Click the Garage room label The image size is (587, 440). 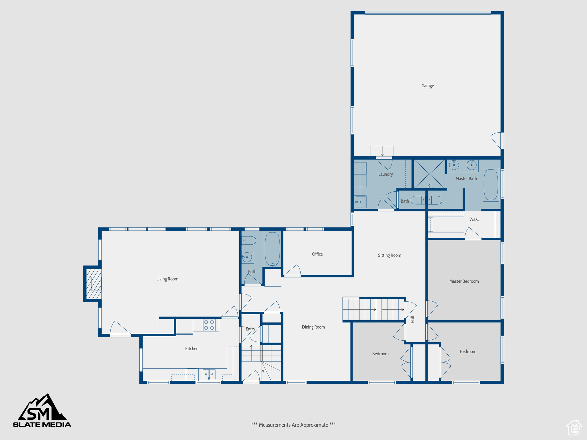tap(427, 86)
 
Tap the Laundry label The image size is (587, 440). tap(385, 174)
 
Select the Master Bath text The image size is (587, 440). tap(466, 178)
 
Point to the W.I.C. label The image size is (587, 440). tap(474, 219)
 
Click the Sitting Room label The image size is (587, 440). tap(389, 255)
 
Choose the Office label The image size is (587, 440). tap(317, 254)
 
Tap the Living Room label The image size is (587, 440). tap(167, 279)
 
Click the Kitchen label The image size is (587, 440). tap(191, 349)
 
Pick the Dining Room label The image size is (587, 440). tap(313, 327)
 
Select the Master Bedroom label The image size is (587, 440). tap(464, 281)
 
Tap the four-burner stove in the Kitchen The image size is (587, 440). tap(209, 325)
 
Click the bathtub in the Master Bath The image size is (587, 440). tap(491, 184)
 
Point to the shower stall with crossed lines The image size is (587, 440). tap(429, 174)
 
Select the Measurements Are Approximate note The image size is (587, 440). tap(293, 425)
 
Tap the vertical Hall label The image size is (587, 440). tap(413, 319)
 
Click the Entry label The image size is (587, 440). tap(250, 329)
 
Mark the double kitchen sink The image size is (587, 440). tap(209, 374)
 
